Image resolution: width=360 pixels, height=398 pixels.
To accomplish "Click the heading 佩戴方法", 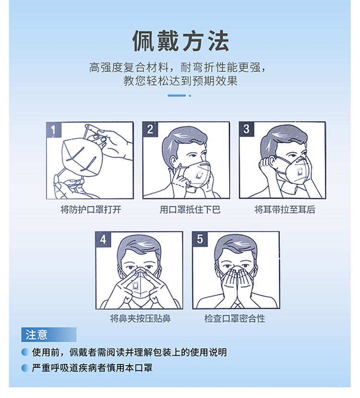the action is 180,41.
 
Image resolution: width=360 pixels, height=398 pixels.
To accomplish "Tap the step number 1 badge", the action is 54,130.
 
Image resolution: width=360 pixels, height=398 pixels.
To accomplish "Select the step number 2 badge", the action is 150,129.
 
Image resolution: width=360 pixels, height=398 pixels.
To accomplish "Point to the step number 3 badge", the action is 247,129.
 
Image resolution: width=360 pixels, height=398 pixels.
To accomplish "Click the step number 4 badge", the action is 103,239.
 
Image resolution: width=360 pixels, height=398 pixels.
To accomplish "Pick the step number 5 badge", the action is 200,239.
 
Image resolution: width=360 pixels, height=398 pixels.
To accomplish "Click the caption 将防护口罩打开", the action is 91,210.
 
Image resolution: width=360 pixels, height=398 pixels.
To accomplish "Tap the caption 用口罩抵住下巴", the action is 190,210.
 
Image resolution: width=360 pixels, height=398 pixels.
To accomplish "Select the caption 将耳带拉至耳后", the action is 285,210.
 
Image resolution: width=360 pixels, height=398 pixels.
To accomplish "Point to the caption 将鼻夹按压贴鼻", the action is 140,318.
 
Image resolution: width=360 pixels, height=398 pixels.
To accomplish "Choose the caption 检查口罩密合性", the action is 235,318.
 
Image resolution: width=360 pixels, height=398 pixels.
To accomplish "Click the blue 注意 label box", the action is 48,335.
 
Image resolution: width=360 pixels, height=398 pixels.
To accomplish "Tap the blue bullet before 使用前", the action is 25,352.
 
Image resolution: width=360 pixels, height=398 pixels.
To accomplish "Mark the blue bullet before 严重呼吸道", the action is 25,368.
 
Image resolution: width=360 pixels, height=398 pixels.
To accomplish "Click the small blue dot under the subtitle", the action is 190,96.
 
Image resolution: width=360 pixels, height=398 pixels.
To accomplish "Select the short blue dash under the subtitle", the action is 177,96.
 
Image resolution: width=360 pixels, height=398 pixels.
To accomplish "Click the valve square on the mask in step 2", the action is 199,175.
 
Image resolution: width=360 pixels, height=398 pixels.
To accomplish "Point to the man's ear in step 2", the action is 173,162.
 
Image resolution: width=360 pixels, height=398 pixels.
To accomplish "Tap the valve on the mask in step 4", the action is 135,286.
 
